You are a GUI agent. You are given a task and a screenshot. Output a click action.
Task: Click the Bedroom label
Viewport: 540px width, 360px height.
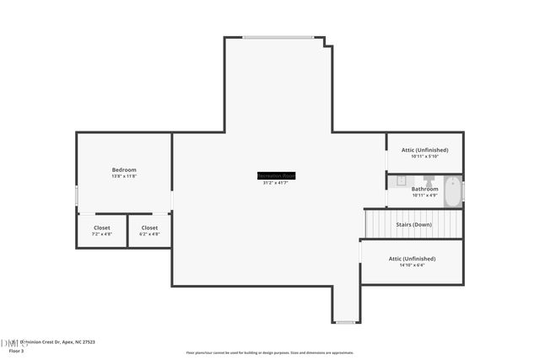tap(124, 169)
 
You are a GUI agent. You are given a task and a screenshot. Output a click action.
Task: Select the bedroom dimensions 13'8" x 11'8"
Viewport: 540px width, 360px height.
tap(124, 176)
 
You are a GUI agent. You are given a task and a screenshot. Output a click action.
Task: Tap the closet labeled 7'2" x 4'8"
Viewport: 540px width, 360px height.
tap(101, 230)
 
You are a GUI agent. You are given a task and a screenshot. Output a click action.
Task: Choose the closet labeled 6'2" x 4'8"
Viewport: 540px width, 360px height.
tap(149, 230)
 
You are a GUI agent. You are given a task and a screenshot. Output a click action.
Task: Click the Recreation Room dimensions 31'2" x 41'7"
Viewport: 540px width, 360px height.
tap(276, 183)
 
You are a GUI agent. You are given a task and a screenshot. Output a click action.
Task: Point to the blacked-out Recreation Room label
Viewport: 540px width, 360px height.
tap(276, 175)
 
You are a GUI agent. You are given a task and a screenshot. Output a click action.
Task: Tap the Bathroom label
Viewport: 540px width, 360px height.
tap(424, 190)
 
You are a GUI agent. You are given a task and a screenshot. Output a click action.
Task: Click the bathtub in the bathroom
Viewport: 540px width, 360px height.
tap(452, 191)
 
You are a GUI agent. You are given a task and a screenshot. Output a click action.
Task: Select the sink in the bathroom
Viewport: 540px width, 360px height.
tap(402, 180)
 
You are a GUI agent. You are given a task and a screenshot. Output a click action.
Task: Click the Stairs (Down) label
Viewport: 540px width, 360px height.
tap(413, 224)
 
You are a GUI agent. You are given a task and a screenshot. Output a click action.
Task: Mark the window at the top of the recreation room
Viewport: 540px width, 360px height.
tap(278, 37)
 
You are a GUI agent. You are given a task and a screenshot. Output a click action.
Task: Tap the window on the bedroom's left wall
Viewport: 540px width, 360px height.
tap(77, 196)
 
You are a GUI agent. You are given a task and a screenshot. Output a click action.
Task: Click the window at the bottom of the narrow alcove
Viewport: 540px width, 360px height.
tap(345, 321)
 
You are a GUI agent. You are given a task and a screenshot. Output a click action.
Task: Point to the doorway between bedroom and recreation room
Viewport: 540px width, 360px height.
tap(172, 201)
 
